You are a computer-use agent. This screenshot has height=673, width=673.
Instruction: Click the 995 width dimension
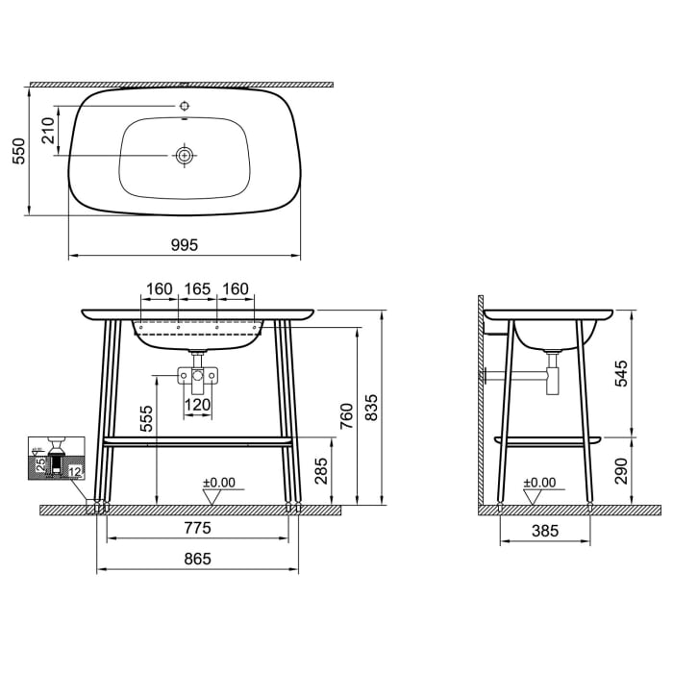click(185, 245)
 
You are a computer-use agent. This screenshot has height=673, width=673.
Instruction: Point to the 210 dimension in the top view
click(49, 130)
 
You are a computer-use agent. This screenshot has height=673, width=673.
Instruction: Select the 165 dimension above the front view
click(197, 288)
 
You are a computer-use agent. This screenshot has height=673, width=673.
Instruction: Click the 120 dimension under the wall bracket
click(197, 405)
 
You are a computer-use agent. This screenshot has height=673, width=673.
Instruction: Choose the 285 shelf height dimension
click(323, 470)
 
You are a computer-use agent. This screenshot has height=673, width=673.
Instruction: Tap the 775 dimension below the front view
click(197, 528)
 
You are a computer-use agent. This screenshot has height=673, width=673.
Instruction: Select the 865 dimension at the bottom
click(197, 559)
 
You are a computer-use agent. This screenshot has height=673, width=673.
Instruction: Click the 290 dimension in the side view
click(622, 470)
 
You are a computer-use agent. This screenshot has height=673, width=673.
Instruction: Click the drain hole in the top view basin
click(184, 154)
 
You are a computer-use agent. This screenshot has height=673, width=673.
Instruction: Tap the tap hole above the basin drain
click(184, 105)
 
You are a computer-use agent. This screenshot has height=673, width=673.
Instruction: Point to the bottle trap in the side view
click(552, 375)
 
